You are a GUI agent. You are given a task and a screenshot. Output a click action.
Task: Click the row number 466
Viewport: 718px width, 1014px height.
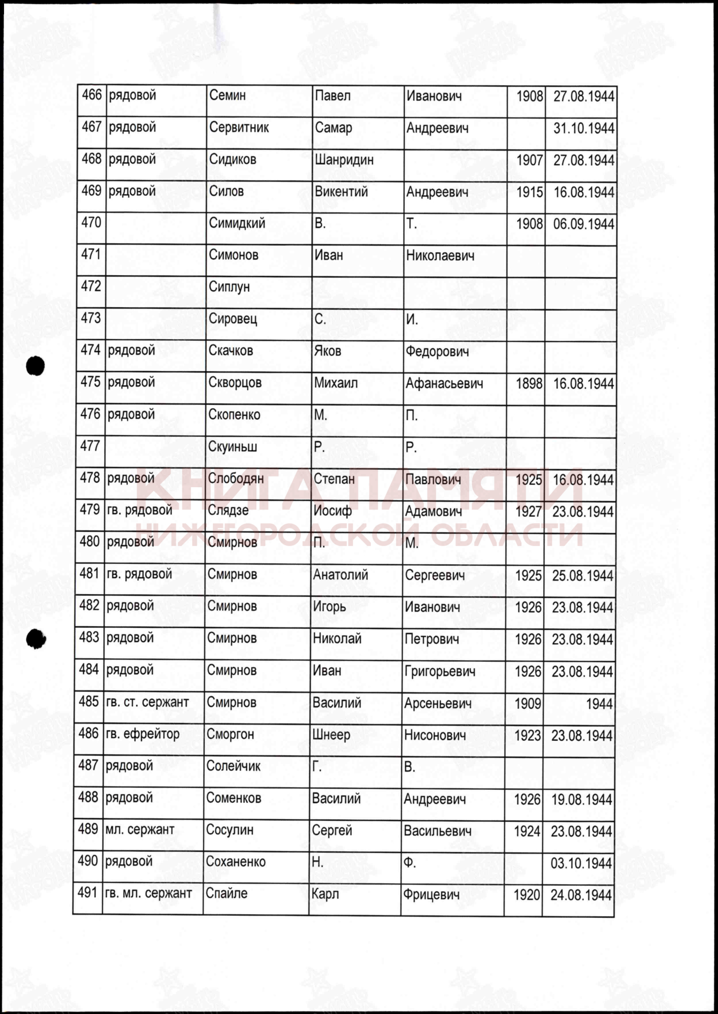[x=92, y=95]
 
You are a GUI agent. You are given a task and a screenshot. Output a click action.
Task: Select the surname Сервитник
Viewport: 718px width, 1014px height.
[x=239, y=128]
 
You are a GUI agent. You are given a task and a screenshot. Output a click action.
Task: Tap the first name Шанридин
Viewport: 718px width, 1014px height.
[x=344, y=160]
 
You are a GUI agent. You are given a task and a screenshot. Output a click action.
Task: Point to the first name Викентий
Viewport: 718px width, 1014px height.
[x=341, y=192]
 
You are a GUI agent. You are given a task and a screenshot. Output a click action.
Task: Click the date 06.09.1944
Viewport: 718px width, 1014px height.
[x=583, y=224]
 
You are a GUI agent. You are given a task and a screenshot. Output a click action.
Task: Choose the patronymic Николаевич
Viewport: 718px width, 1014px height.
[x=440, y=256]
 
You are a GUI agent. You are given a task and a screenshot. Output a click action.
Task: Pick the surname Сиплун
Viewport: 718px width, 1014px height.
[x=229, y=287]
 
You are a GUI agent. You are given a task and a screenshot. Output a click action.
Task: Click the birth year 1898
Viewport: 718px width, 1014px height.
[x=529, y=383]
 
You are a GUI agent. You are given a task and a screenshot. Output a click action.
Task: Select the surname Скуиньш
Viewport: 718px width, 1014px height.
[x=233, y=447]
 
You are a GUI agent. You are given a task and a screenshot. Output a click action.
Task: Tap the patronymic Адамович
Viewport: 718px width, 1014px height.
[x=433, y=511]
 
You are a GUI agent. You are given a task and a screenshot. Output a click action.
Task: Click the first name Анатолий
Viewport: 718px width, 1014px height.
[x=341, y=575]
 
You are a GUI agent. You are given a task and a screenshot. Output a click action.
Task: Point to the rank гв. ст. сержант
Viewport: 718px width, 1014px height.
[x=147, y=702]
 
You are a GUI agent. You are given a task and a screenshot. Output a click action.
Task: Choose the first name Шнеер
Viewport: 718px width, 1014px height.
[x=331, y=735]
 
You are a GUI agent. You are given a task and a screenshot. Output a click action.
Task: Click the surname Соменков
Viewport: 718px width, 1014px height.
[x=234, y=798]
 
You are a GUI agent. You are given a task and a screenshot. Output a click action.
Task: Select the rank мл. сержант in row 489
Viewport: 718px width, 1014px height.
[x=140, y=830]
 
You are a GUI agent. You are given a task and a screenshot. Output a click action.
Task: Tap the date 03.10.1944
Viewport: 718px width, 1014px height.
[x=581, y=863]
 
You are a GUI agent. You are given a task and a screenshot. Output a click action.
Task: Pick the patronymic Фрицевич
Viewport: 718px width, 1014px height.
[x=431, y=895]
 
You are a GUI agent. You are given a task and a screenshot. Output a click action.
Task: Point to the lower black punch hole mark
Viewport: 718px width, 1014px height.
[x=35, y=639]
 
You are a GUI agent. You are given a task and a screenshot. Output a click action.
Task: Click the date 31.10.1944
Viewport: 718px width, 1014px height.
[x=584, y=128]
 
